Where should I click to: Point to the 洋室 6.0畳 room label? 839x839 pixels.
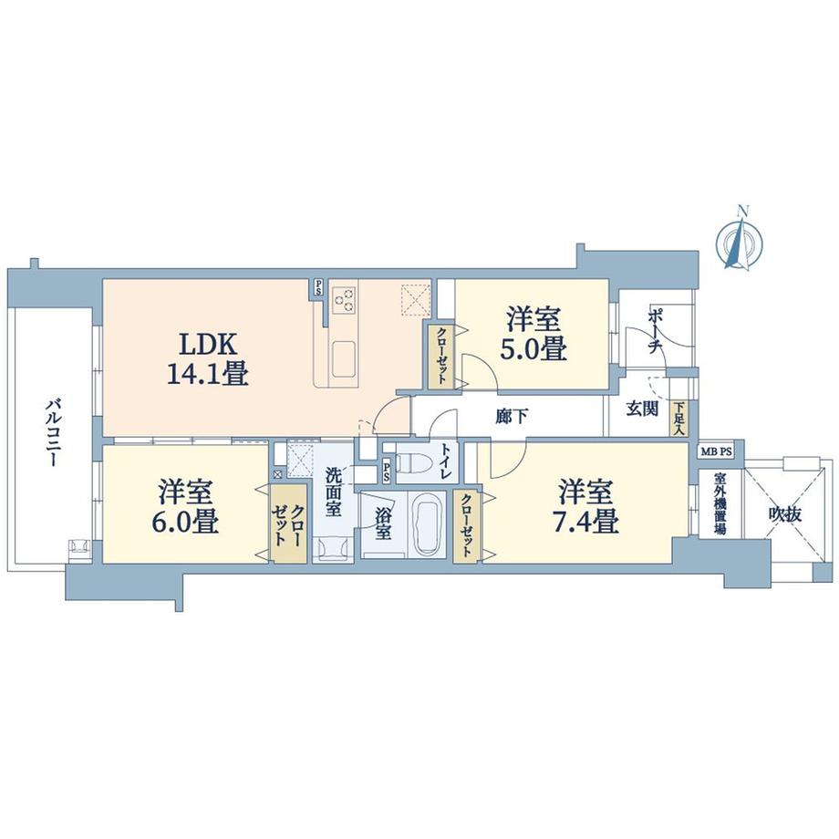click(186, 508)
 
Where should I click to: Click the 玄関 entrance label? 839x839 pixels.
click(642, 409)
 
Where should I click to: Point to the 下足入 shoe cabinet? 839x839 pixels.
click(679, 418)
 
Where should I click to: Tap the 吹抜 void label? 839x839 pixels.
click(784, 515)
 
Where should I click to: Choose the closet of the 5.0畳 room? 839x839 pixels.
click(440, 356)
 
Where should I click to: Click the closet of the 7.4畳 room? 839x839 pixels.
click(466, 525)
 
